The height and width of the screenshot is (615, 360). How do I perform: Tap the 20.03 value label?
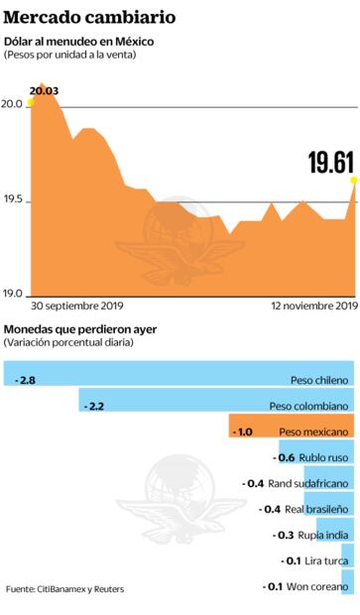click(44, 91)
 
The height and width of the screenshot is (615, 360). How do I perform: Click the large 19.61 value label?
click(330, 161)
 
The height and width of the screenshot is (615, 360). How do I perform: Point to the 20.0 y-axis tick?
click(12, 105)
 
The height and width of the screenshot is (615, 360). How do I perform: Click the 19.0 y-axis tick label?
click(12, 293)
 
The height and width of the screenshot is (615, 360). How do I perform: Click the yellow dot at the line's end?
click(353, 180)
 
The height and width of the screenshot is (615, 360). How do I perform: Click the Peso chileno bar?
click(179, 379)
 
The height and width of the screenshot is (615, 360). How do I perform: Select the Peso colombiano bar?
click(216, 406)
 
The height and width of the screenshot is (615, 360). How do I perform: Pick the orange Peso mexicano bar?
click(291, 431)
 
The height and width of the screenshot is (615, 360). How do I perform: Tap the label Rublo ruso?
click(323, 457)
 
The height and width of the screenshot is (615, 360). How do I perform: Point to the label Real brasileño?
click(317, 509)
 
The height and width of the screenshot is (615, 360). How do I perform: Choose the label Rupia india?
click(323, 535)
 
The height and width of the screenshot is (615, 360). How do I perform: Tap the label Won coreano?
click(319, 586)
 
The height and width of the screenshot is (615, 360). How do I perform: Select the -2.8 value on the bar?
click(27, 379)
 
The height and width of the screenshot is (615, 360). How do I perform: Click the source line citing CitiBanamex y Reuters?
click(65, 589)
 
